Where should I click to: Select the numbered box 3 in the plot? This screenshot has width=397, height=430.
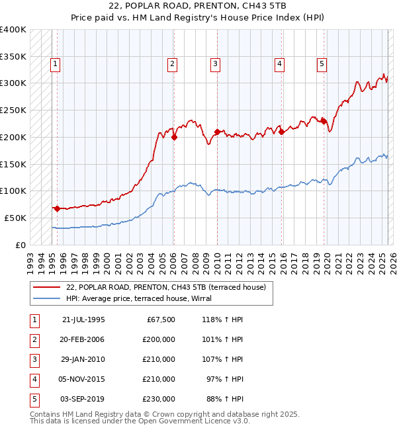(x=216, y=64)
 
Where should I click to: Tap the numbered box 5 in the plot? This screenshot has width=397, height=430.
(x=322, y=64)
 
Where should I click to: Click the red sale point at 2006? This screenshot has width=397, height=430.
(x=174, y=138)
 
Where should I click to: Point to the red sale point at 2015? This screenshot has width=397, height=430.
(x=281, y=132)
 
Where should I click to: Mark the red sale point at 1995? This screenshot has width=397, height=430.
(x=57, y=208)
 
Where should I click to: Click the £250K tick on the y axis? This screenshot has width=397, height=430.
(x=13, y=110)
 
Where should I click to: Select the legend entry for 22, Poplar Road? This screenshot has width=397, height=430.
(x=165, y=287)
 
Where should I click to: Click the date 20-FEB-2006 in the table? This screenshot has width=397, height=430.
(x=83, y=339)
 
